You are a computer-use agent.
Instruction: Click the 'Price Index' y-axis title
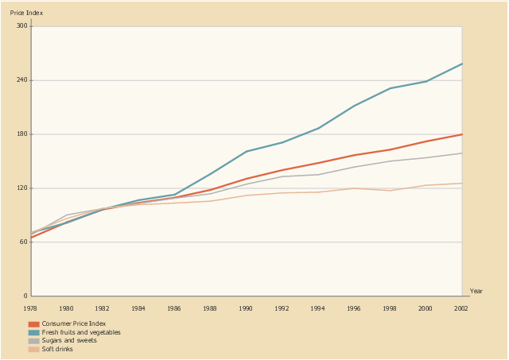click(x=26, y=14)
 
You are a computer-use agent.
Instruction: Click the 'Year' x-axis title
click(x=476, y=291)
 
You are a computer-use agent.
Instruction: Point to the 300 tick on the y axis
click(x=22, y=26)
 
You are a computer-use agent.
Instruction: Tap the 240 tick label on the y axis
click(x=22, y=80)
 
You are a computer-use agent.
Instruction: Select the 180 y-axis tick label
click(x=22, y=134)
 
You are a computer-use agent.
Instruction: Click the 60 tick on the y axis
click(x=24, y=242)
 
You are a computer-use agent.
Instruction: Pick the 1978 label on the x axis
click(x=30, y=307)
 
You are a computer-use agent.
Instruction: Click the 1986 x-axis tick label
click(x=174, y=307)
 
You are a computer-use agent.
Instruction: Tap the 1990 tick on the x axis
click(x=247, y=307)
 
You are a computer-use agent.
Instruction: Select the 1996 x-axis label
click(x=354, y=307)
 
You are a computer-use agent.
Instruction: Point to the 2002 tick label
click(x=461, y=307)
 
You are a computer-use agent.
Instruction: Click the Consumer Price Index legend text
click(x=73, y=324)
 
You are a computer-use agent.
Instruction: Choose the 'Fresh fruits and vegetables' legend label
click(x=81, y=332)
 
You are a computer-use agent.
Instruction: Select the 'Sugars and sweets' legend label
click(x=69, y=340)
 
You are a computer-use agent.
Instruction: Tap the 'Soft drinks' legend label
click(x=57, y=349)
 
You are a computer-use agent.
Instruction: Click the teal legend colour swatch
click(x=33, y=332)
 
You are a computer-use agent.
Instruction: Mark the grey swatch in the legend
click(x=33, y=340)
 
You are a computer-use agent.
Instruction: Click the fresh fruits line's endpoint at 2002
click(x=461, y=64)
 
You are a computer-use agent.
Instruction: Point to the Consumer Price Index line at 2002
click(x=461, y=134)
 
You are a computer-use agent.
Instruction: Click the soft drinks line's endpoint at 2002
click(x=461, y=184)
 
